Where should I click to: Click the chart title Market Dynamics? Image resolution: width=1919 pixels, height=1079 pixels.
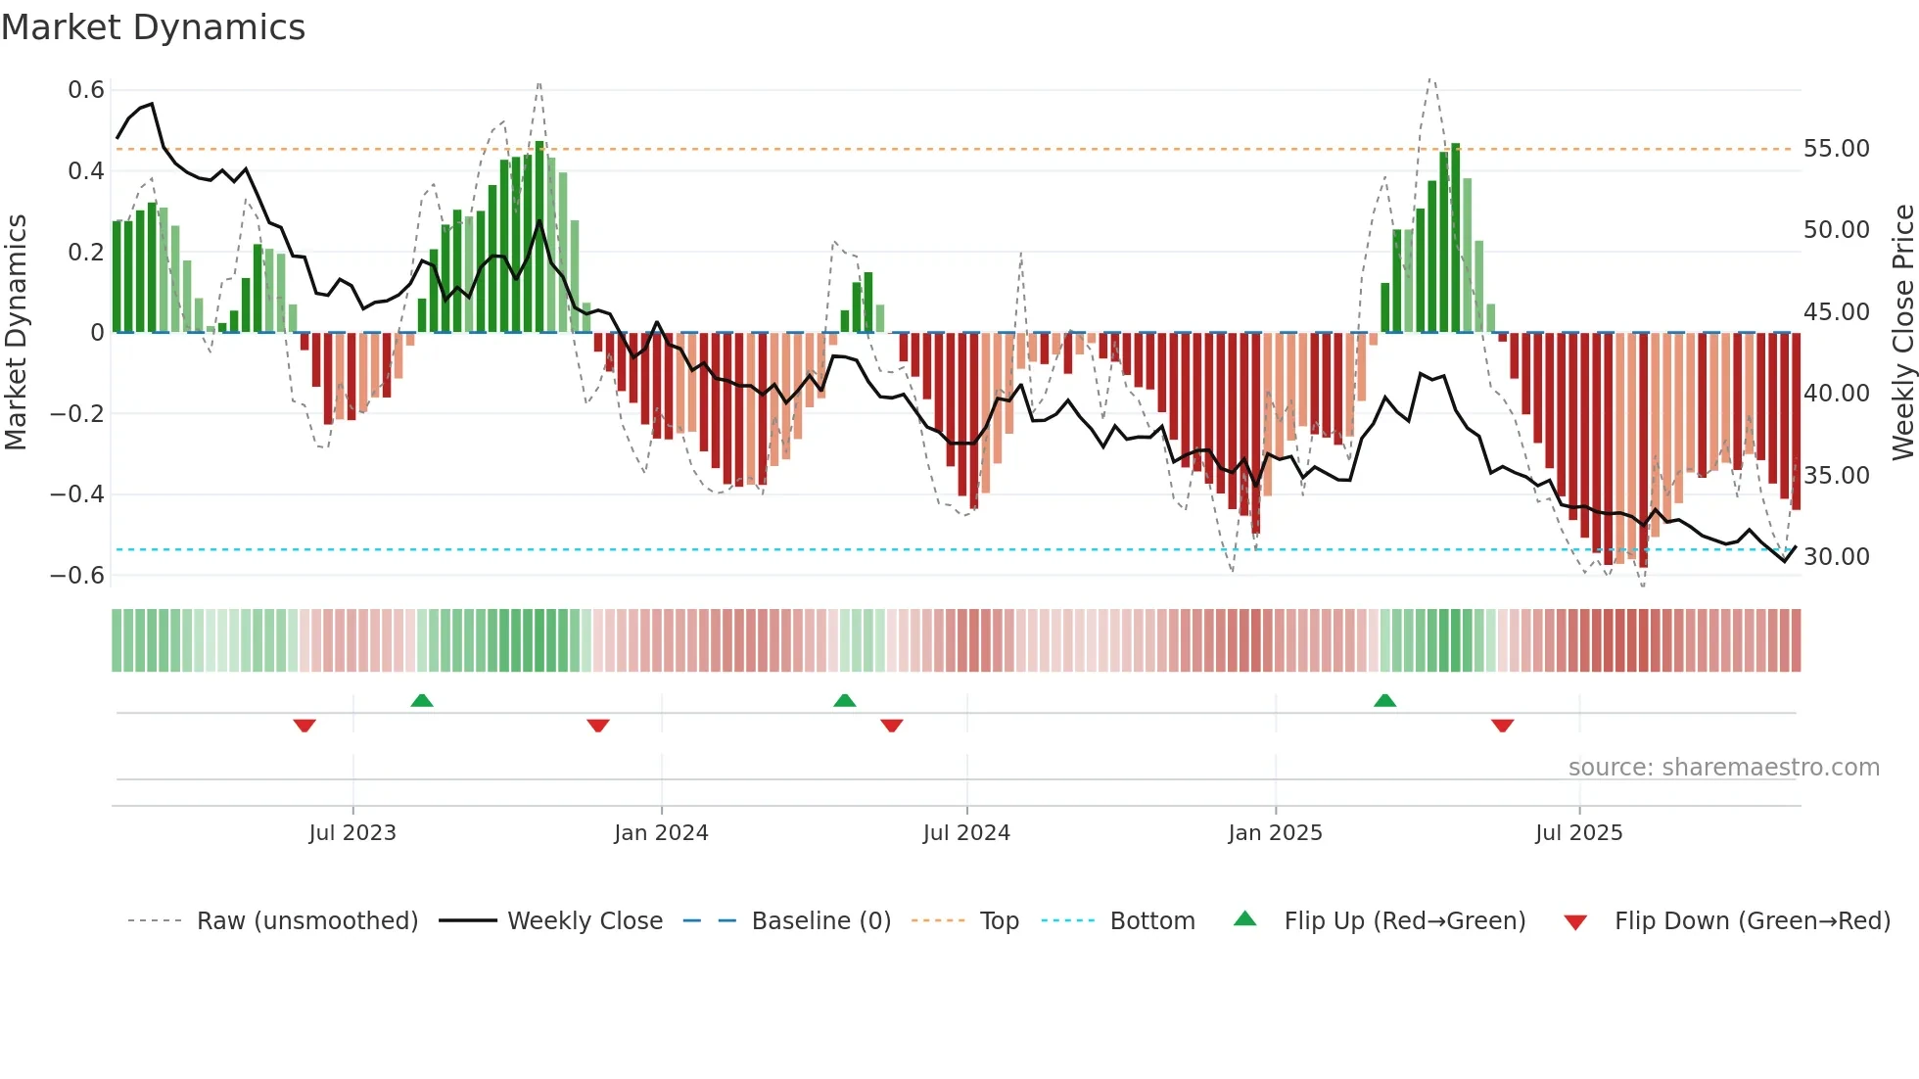pos(153,27)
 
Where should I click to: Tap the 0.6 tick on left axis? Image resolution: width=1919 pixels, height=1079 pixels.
pos(86,90)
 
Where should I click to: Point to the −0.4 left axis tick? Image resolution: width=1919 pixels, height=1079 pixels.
pos(77,494)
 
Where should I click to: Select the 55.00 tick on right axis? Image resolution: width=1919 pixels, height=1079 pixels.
pos(1836,149)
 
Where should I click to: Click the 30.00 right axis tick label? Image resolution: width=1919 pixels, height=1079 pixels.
pos(1836,557)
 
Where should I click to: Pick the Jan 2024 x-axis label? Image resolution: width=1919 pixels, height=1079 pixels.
pos(661,833)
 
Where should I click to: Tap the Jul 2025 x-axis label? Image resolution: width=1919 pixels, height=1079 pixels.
pos(1578,833)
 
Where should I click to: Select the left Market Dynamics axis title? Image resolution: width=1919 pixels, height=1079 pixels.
pos(16,333)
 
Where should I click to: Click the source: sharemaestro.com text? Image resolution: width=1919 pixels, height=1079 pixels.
pos(1723,768)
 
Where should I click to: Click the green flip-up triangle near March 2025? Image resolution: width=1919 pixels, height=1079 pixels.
pos(1384,701)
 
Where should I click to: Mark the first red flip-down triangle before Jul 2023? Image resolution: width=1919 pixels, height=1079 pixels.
pos(304,726)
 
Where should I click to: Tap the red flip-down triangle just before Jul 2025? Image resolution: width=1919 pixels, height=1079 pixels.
pos(1503,726)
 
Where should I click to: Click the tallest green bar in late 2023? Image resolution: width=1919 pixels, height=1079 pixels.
pos(539,235)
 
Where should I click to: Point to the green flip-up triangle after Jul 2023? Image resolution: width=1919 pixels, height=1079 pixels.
pos(422,701)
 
